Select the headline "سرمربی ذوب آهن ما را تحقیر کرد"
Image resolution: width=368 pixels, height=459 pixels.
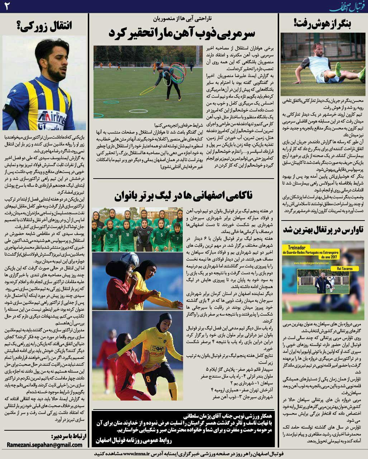(x=182, y=34)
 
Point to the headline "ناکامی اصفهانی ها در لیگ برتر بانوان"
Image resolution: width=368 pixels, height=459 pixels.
(x=183, y=195)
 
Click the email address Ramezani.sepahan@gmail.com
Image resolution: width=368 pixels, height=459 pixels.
(x=45, y=445)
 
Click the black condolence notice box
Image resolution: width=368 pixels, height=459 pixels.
(x=183, y=429)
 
